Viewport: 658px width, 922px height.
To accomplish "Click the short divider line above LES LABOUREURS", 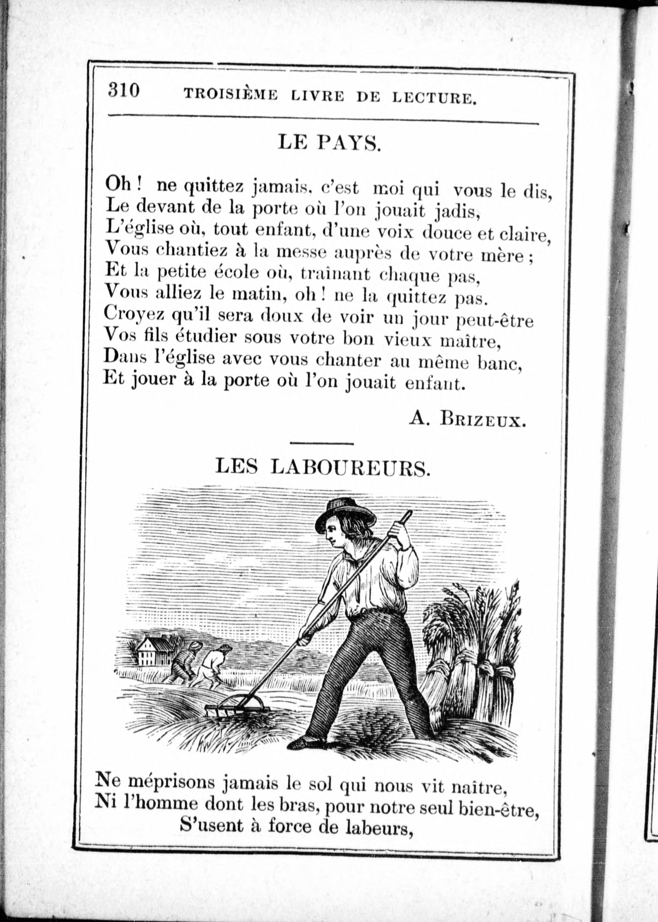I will [x=322, y=444].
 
